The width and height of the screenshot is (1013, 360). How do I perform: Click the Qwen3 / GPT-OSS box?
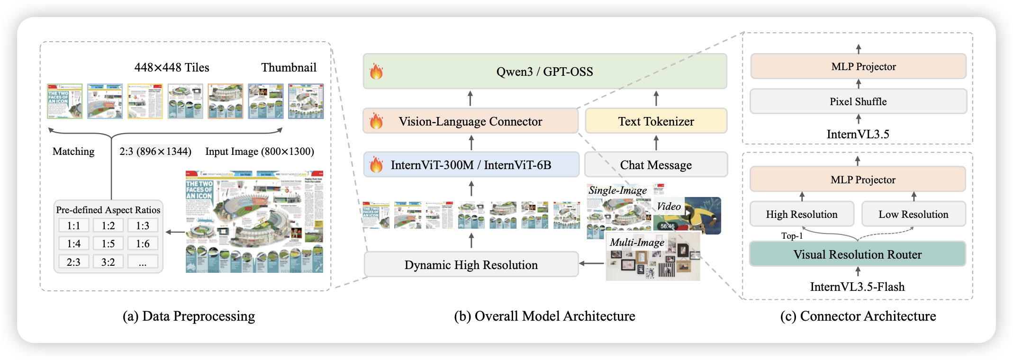[545, 72]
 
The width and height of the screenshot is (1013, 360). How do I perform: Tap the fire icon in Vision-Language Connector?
[376, 121]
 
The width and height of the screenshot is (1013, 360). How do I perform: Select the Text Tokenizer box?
[656, 121]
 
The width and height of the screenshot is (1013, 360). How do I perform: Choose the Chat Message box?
[656, 165]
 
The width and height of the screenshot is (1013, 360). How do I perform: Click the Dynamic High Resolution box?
[471, 264]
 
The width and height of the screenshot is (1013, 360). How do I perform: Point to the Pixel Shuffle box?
[858, 101]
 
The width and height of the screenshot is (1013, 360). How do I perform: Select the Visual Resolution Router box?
[857, 254]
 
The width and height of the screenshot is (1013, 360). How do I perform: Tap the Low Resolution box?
[913, 214]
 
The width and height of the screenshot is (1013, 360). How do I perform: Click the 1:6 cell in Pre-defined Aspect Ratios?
[143, 243]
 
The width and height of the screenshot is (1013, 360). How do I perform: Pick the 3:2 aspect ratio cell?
[108, 262]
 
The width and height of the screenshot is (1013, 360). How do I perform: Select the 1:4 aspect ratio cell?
[73, 243]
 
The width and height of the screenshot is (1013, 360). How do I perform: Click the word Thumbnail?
[289, 67]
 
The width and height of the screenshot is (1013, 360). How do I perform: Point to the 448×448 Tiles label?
[172, 67]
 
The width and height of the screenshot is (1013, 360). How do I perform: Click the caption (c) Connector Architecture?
[858, 316]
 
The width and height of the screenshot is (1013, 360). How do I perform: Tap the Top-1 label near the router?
[792, 236]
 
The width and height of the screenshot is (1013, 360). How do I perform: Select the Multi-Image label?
[637, 243]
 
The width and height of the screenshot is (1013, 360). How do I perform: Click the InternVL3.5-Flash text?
[857, 287]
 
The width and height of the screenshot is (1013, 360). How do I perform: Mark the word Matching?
[73, 152]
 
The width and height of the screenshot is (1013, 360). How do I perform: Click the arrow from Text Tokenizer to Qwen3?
[656, 99]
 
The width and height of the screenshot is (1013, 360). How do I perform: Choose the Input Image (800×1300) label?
[260, 152]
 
